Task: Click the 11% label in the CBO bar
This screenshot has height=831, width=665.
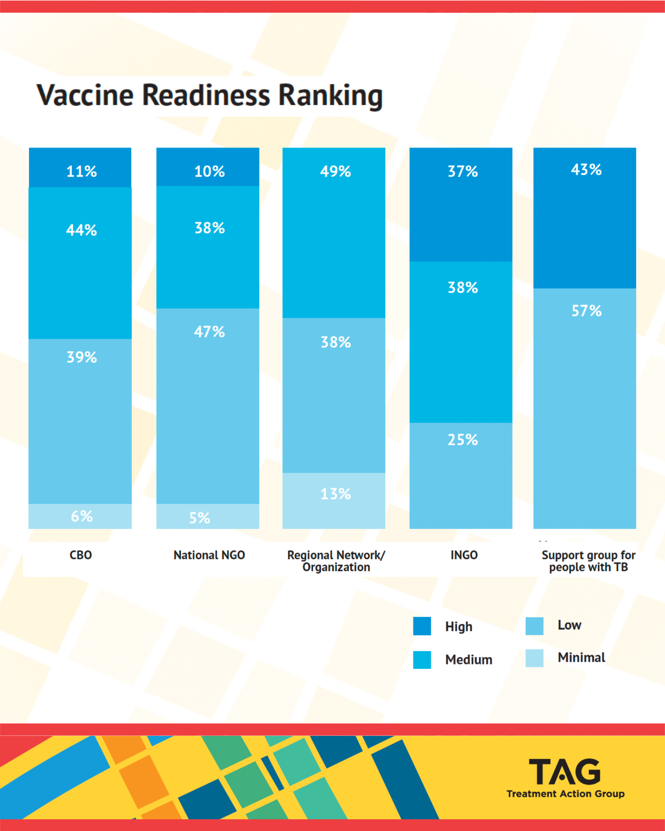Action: point(81,171)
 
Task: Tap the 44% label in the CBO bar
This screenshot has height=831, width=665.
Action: point(81,230)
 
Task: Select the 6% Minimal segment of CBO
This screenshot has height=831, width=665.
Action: point(80,516)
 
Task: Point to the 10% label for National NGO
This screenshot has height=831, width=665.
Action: point(209,171)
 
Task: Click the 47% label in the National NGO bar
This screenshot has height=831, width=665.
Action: point(209,332)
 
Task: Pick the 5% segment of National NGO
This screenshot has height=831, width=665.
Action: point(207,516)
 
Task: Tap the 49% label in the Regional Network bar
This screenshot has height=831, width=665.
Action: point(335,171)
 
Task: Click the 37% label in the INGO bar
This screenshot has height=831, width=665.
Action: point(463,171)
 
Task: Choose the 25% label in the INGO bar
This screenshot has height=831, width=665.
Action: point(463,440)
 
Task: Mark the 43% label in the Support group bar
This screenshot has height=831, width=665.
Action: point(586,170)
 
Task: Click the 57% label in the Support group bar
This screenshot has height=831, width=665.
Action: point(586,311)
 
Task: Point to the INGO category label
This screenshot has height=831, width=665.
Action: point(464,555)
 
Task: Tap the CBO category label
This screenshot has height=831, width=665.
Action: point(81,555)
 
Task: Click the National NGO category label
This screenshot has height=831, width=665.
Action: point(209,555)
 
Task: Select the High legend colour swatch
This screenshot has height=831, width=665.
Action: point(422,626)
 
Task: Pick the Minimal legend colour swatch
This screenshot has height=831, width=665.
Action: point(534,658)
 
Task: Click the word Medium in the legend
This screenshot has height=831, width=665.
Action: point(468,660)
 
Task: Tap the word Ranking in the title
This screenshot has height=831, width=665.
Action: point(330,96)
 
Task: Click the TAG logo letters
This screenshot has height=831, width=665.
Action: point(564,772)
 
